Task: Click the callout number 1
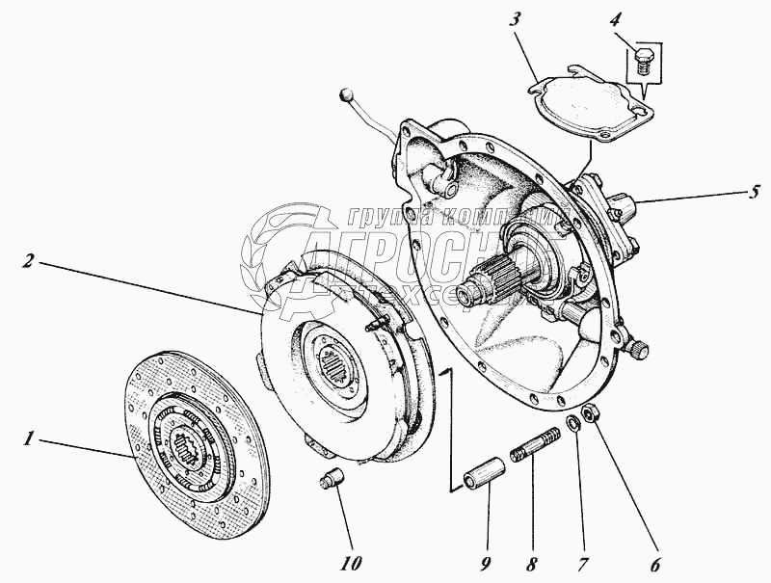tap(30, 439)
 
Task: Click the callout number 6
tap(655, 566)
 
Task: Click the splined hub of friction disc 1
tap(194, 448)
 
